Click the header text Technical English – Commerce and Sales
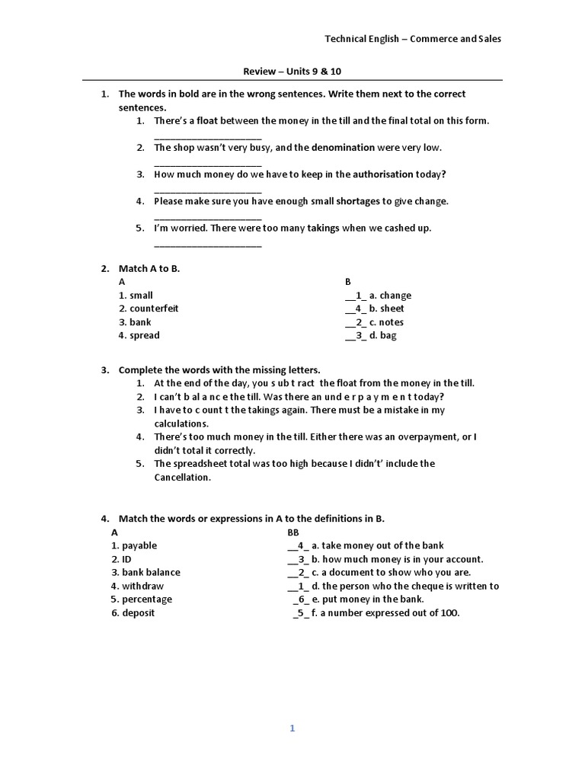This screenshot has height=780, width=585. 413,39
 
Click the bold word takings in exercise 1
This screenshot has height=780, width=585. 323,228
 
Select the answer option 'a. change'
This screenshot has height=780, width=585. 390,296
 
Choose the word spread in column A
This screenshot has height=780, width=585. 145,335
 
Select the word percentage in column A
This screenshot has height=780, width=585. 147,599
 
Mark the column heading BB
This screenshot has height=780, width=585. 293,532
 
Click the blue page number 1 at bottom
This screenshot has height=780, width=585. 292,728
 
